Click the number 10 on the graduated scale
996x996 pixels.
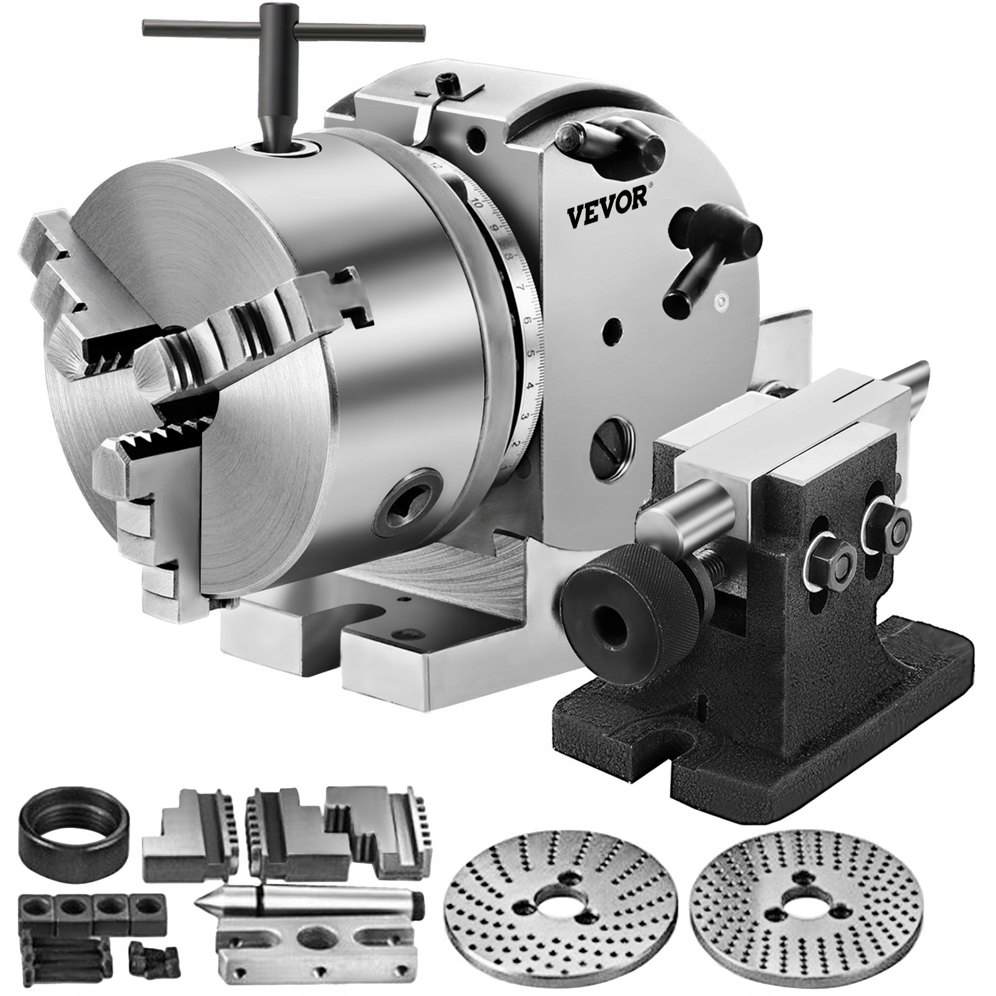pos(477,203)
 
